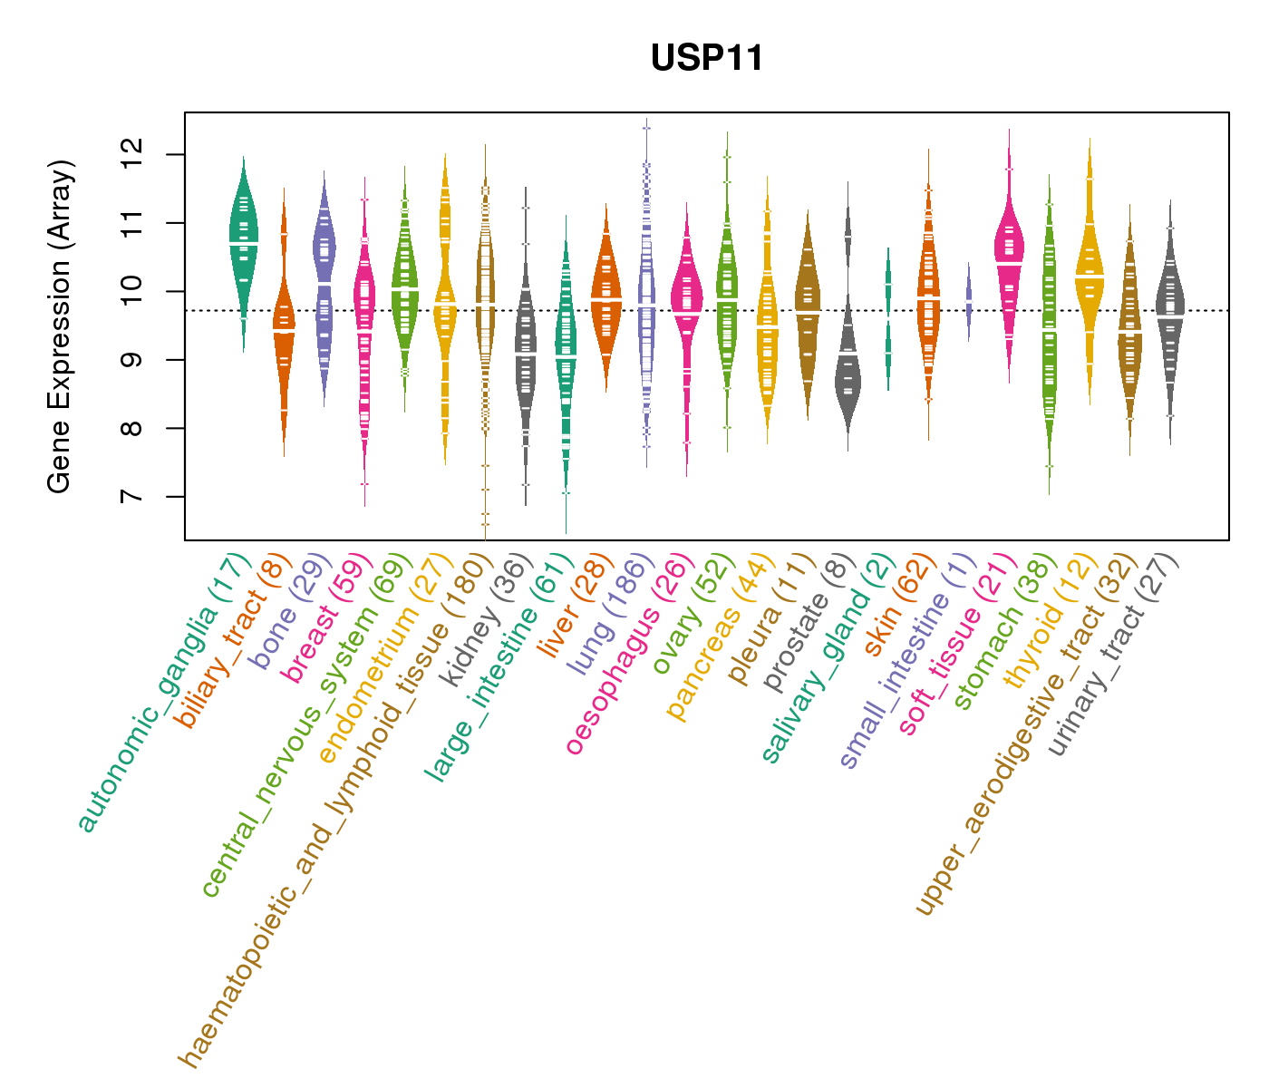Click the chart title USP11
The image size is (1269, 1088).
click(707, 59)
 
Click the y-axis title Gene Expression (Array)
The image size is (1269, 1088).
click(60, 326)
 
